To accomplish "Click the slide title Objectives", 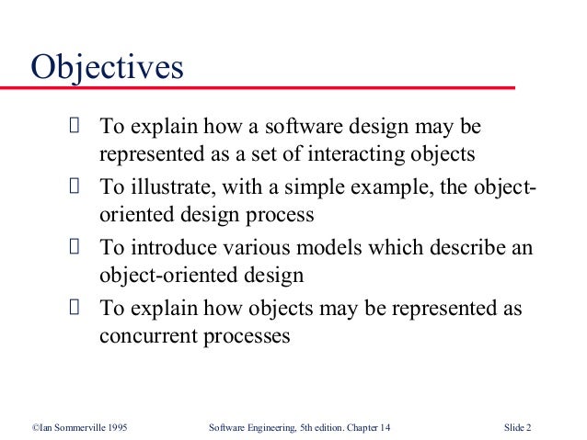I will click(108, 67).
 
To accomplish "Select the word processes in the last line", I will click(246, 336).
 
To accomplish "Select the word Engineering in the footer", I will click(273, 425).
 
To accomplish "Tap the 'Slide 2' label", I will click(522, 425).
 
